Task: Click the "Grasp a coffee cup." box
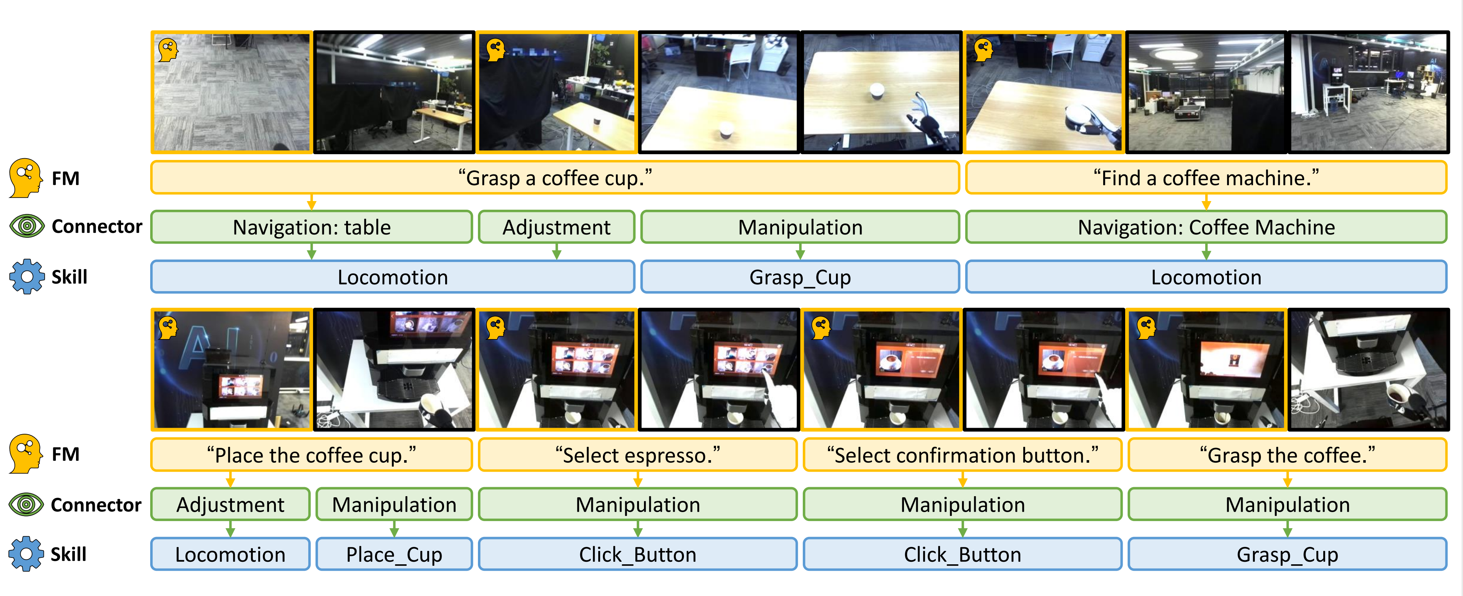click(555, 178)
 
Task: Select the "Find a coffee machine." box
click(1206, 178)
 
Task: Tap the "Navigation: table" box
click(311, 227)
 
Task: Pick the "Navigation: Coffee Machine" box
click(1206, 227)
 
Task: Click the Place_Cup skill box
click(394, 554)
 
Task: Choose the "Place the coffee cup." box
click(311, 455)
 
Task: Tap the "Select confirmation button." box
click(963, 455)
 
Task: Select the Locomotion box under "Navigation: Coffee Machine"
click(1206, 277)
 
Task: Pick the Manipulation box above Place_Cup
click(394, 504)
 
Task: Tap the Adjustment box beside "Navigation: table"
click(556, 227)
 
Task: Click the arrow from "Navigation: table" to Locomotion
click(311, 252)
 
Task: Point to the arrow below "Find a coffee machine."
click(1206, 202)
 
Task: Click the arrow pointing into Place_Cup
click(394, 529)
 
